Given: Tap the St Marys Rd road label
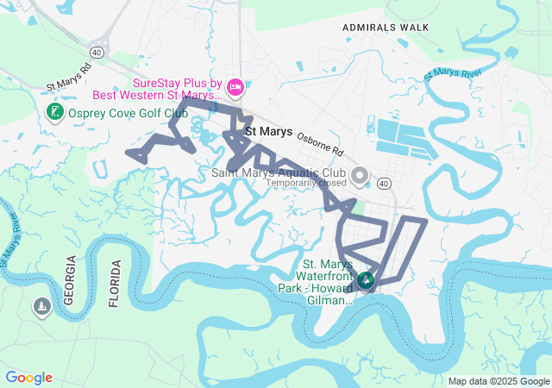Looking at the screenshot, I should [68, 78].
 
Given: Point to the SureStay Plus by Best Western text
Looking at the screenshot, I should [177, 89].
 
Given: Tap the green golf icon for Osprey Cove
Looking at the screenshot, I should [54, 113].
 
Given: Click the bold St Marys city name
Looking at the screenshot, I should [268, 132].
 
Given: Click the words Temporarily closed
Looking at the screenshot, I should [306, 183].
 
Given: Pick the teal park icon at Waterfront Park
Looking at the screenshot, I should [365, 279].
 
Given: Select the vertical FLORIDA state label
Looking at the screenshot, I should [113, 282].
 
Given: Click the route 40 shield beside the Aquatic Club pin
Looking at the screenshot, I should [384, 183].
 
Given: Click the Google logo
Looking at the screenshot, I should [28, 378].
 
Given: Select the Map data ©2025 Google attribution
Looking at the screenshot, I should [498, 381].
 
